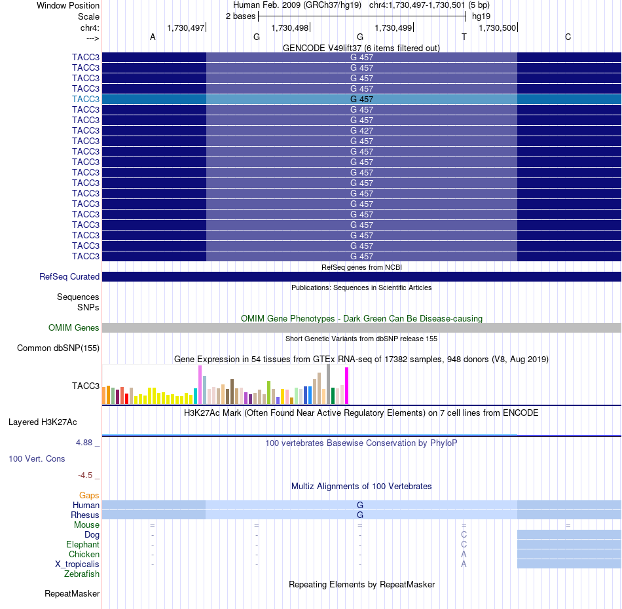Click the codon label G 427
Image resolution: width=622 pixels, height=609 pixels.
pos(361,130)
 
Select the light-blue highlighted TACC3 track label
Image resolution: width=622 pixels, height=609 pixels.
pos(86,99)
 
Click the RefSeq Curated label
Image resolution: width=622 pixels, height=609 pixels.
pos(69,276)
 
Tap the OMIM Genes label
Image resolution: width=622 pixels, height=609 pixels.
pos(74,327)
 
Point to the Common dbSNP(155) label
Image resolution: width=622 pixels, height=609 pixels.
pos(58,348)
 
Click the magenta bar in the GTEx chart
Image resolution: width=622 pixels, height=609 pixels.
pos(347,386)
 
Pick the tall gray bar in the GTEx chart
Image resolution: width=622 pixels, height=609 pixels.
pos(329,384)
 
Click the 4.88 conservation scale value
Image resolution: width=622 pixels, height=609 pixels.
pos(84,443)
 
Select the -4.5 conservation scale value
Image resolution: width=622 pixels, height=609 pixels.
pos(85,475)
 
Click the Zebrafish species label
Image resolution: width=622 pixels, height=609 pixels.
pos(82,574)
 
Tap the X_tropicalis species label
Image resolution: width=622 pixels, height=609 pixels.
pos(77,564)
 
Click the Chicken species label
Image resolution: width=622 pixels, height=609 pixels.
pos(84,554)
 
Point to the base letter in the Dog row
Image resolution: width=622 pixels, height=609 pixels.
pos(464,534)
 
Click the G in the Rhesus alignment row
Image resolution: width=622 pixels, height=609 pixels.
pos(360,515)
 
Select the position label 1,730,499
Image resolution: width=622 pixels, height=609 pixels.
pos(393,28)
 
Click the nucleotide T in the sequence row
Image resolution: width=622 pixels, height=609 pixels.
pos(464,37)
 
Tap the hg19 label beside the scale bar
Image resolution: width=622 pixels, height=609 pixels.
pos(481,16)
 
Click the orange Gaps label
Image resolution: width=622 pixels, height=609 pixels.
pos(89,495)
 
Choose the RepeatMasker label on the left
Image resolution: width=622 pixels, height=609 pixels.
pos(72,593)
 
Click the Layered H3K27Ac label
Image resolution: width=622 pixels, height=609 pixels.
pos(43,422)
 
